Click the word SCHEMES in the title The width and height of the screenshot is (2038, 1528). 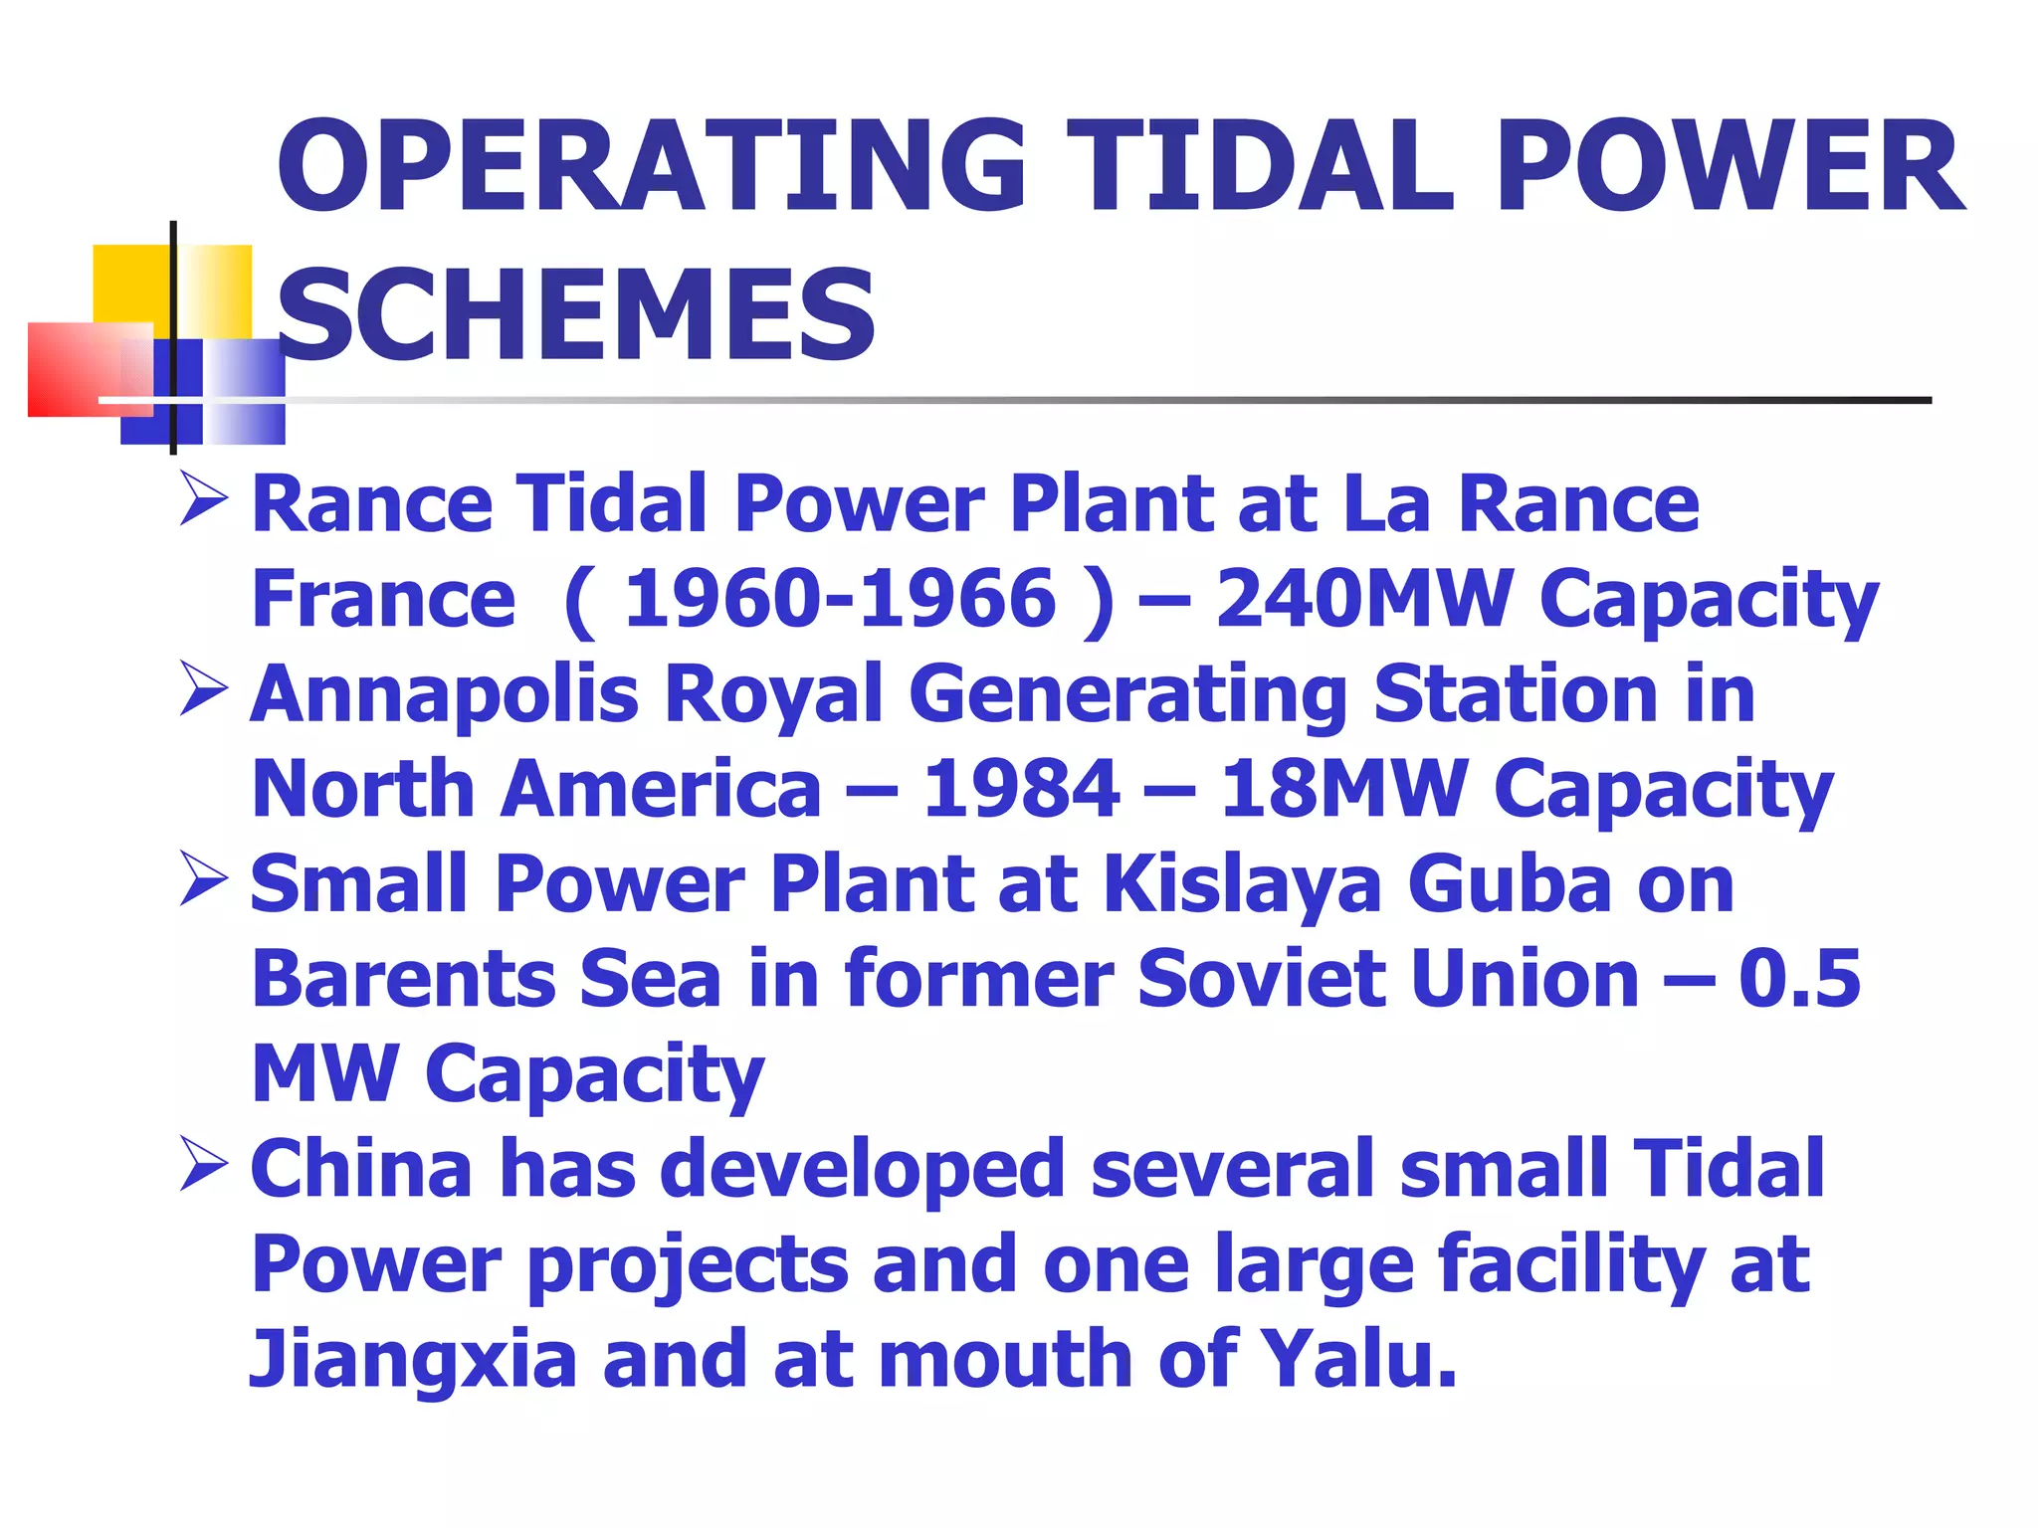point(575,316)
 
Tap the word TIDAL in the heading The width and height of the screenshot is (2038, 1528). point(1259,167)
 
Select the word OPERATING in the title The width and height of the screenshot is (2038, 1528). point(652,167)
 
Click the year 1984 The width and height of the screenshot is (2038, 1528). point(1021,790)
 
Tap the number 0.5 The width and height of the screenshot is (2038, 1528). point(1799,979)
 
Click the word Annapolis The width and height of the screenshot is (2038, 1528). point(444,694)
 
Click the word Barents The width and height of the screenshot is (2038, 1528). point(403,979)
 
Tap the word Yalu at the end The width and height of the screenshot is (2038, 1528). point(1357,1359)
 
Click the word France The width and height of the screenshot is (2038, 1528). point(383,599)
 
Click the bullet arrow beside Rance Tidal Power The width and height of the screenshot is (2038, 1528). point(204,500)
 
